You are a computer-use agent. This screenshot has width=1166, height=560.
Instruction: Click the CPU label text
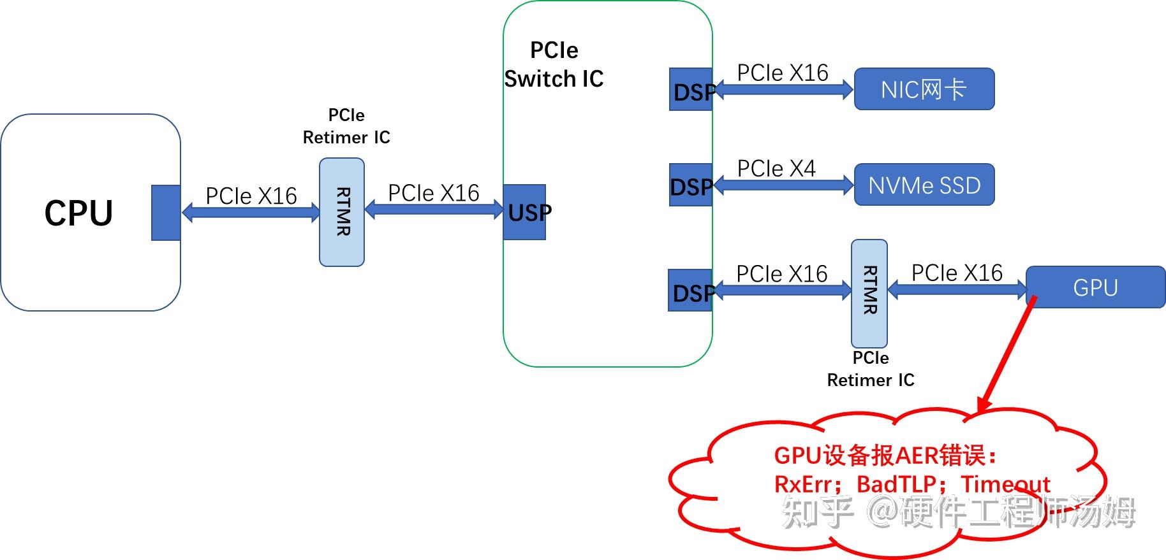78,213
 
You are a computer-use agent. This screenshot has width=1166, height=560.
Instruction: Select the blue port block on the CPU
166,213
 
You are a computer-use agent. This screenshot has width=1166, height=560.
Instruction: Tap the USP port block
524,212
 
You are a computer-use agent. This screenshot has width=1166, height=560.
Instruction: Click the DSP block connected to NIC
691,90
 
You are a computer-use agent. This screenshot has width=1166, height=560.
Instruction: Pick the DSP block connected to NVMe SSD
691,185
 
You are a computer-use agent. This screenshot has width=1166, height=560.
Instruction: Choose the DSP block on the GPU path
690,291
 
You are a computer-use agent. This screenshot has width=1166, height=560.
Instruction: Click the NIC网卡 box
924,89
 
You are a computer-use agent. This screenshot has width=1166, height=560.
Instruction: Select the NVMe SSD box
924,185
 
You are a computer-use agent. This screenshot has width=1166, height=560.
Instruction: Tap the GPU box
1095,287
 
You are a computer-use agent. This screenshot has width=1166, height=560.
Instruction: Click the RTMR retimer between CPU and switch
342,212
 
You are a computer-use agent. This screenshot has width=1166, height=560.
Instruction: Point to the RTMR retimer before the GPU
869,293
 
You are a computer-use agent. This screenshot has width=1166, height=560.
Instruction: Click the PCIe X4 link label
776,168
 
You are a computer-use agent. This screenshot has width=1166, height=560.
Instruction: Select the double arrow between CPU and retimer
251,212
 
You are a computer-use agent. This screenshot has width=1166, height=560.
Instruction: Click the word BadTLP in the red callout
896,484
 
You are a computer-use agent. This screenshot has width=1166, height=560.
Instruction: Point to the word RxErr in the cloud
803,484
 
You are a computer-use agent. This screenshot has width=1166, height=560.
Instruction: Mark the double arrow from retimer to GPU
957,290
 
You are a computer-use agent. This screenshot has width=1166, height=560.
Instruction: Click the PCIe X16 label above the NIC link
783,73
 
